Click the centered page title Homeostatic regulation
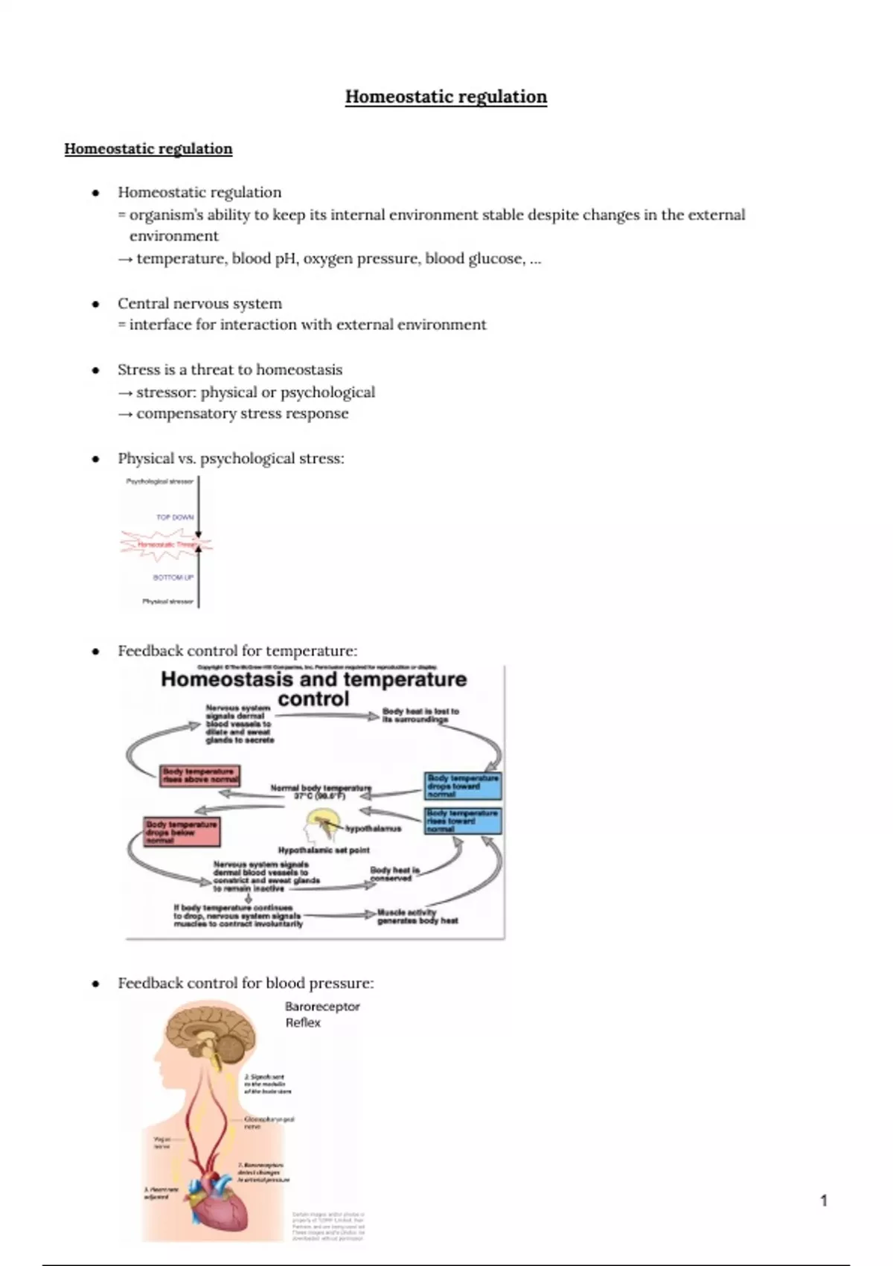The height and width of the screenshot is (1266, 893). point(446,97)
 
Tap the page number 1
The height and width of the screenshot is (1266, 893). point(823,1200)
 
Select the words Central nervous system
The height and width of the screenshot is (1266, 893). point(199,304)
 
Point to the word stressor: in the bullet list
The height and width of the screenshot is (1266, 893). point(166,392)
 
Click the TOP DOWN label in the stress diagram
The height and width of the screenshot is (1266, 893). point(175,517)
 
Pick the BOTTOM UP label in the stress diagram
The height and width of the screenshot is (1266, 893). point(173,577)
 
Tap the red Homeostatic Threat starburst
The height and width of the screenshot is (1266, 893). point(165,545)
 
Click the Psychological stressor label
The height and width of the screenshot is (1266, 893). point(159,482)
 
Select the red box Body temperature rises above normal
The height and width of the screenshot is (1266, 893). point(200,775)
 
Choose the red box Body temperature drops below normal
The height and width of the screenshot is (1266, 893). point(182,832)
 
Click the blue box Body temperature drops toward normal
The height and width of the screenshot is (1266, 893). point(462,786)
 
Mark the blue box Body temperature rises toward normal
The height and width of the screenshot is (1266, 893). point(462,821)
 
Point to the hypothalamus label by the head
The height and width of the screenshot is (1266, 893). point(373,828)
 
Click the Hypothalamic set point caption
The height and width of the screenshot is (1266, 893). point(324,850)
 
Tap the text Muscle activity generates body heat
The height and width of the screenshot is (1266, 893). point(417,916)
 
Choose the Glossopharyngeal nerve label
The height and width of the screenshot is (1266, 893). point(269,1122)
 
